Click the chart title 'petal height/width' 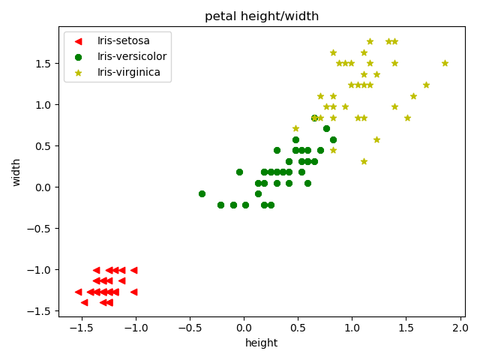(x=261, y=16)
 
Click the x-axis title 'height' (x=261, y=343)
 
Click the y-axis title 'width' (x=16, y=171)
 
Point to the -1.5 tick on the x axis (x=81, y=328)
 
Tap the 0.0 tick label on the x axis (x=244, y=328)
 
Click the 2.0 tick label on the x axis (x=460, y=328)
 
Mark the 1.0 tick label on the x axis (x=352, y=328)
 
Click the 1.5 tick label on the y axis (x=43, y=64)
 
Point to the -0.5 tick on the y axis (x=40, y=229)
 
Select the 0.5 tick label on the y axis (x=43, y=146)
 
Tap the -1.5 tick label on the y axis (x=40, y=311)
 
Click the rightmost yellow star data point (x=445, y=63)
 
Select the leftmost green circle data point (x=202, y=193)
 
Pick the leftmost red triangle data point (x=78, y=292)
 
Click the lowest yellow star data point (x=364, y=161)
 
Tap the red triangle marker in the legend (x=80, y=40)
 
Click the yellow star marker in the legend (x=80, y=73)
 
